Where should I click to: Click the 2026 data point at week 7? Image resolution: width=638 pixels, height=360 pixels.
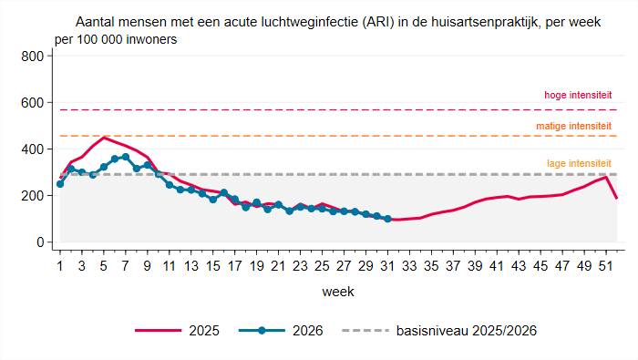click(x=126, y=157)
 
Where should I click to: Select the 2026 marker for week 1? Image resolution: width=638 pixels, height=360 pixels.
click(x=60, y=184)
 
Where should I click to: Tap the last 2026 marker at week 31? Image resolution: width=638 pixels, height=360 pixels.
click(x=387, y=219)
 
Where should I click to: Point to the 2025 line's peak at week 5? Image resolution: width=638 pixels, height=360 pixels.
click(x=104, y=138)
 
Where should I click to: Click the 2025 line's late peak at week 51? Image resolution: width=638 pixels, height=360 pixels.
click(x=606, y=177)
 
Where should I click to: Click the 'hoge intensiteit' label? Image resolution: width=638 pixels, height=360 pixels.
click(x=578, y=95)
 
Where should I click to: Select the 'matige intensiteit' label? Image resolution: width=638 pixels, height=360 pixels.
click(x=573, y=126)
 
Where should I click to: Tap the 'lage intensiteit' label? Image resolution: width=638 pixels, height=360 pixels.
click(x=579, y=163)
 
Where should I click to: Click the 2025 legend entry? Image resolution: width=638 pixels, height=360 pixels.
click(x=177, y=331)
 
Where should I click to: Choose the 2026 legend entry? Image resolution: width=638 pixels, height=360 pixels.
click(x=281, y=331)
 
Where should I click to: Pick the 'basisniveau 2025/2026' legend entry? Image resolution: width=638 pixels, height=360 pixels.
click(x=439, y=331)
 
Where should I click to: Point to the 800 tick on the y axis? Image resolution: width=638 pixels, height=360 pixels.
click(x=32, y=57)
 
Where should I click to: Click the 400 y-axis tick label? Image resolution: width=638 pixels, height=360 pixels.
click(x=32, y=149)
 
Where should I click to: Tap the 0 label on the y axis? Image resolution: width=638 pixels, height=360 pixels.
click(x=40, y=242)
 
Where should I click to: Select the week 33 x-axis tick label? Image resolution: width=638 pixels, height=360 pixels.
click(x=409, y=266)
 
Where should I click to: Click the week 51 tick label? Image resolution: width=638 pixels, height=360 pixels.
click(x=606, y=266)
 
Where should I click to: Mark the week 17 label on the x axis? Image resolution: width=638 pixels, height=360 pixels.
click(x=235, y=266)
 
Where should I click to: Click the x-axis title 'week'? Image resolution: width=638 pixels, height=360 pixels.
click(x=338, y=292)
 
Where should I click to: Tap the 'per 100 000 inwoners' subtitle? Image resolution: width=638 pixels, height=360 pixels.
click(x=116, y=39)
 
